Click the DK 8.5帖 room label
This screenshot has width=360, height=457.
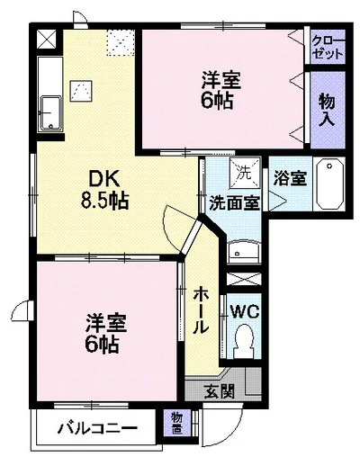(105, 189)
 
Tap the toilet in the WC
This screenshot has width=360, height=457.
(243, 341)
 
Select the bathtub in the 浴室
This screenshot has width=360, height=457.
(330, 184)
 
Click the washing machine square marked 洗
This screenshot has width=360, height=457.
(245, 174)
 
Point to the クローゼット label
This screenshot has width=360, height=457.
(328, 47)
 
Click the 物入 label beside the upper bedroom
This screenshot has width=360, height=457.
(327, 110)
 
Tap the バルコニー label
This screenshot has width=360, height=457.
(97, 428)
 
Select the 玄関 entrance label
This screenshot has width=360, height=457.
(220, 390)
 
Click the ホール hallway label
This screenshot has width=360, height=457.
(200, 310)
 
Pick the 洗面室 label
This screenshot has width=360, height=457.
(234, 203)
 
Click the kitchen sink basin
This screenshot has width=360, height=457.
(50, 113)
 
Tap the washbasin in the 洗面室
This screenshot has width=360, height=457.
(243, 251)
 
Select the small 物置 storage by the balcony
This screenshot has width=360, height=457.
(177, 424)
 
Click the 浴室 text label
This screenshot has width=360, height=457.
(290, 178)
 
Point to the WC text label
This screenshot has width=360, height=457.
(245, 312)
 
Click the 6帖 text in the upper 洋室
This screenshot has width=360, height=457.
(217, 101)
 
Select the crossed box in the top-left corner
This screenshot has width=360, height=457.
(47, 39)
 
